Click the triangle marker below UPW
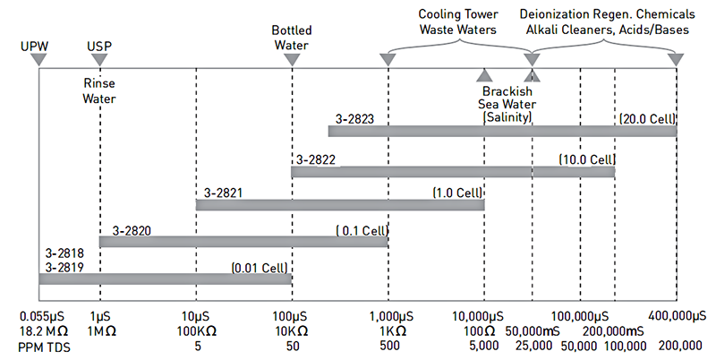tap(38, 59)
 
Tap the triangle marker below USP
tap(100, 59)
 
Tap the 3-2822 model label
tap(317, 159)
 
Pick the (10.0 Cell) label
tap(587, 159)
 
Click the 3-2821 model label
tap(223, 193)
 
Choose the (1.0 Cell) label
tap(457, 193)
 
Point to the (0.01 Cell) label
tap(260, 267)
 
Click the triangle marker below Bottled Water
tap(292, 59)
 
